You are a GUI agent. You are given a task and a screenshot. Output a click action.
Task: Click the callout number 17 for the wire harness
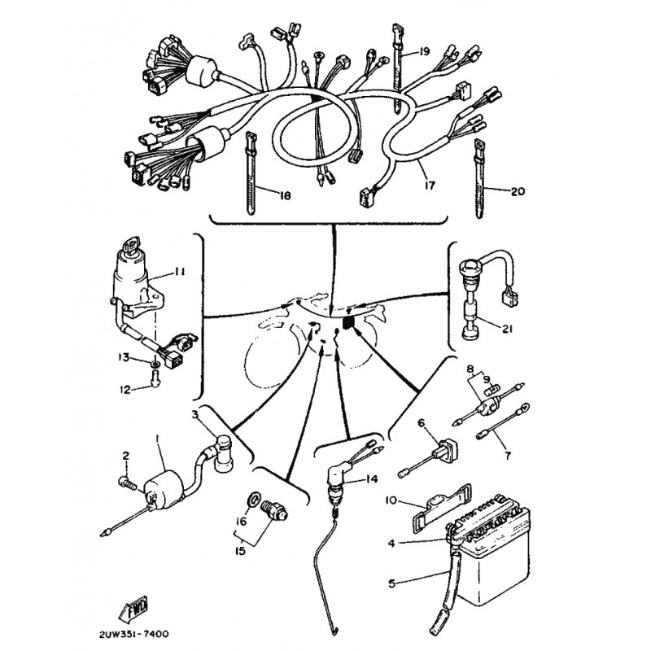tap(430, 185)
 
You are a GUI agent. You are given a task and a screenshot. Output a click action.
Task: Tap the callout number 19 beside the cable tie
tap(424, 52)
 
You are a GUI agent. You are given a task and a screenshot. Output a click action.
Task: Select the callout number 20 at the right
tap(518, 191)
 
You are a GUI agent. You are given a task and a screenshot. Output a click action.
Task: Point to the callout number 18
tap(285, 195)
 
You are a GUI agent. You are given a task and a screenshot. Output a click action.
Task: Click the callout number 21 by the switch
tap(507, 329)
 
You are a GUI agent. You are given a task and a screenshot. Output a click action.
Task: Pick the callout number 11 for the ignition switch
tap(179, 272)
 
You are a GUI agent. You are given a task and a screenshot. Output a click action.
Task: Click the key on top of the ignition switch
tap(134, 243)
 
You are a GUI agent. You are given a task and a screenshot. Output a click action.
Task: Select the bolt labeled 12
tap(155, 378)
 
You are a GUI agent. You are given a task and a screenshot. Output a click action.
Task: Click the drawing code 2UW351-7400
tap(133, 634)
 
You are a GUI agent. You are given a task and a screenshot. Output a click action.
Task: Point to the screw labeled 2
tap(127, 483)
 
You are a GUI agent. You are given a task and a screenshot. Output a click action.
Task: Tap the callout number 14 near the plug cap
tap(372, 478)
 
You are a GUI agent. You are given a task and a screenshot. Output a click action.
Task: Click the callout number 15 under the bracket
tap(240, 551)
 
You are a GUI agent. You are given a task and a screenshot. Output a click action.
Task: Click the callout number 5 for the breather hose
tap(391, 583)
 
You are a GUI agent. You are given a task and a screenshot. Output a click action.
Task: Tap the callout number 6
tap(422, 422)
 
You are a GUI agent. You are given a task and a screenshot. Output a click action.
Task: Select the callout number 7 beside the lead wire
tap(507, 456)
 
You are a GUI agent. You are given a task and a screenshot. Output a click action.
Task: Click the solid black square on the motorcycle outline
tap(348, 322)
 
